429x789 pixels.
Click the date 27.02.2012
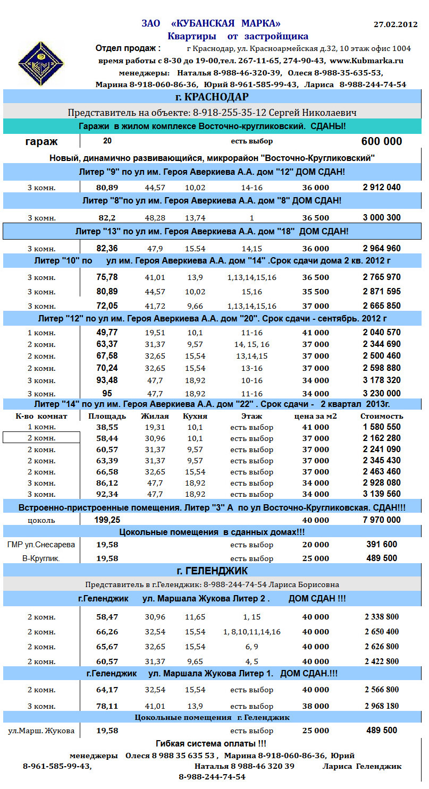tap(396, 25)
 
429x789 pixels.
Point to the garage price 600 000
tap(381, 141)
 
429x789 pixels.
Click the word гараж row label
tap(41, 142)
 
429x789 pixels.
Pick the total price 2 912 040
tap(382, 188)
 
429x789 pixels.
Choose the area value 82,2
tap(107, 218)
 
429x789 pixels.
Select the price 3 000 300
tap(382, 218)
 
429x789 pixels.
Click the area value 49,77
tap(107, 333)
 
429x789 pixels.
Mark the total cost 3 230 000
tap(382, 394)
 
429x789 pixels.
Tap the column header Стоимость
tap(382, 416)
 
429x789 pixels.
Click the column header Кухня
tap(195, 416)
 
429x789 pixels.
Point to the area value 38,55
tap(107, 427)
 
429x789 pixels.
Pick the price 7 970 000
tap(382, 520)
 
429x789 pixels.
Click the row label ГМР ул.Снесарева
tap(41, 545)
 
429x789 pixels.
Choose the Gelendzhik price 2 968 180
tap(382, 706)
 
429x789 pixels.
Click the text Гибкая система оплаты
tap(211, 744)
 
